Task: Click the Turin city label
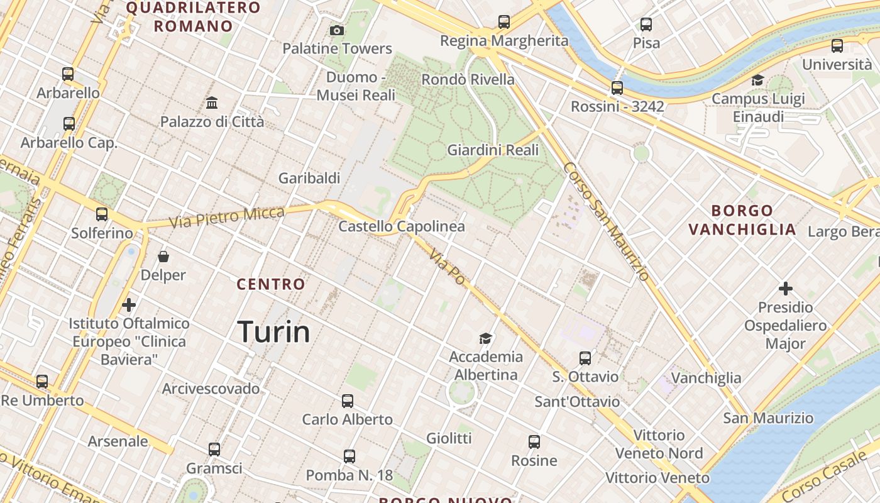[x=274, y=332]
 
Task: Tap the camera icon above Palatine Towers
[x=337, y=30]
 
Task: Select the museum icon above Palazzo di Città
[x=212, y=102]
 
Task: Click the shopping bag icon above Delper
[x=163, y=257]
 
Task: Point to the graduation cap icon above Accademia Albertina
[x=485, y=339]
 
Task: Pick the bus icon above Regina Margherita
[x=504, y=22]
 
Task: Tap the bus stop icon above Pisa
[x=646, y=25]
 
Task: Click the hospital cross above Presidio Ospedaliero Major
[x=785, y=289]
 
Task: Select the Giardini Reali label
[x=493, y=150]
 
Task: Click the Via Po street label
[x=448, y=267]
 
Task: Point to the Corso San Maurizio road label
[x=606, y=221]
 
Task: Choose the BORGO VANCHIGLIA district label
[x=742, y=220]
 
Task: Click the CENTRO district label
[x=271, y=284]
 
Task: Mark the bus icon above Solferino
[x=102, y=214]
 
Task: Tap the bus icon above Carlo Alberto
[x=348, y=401]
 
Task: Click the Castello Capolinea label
[x=402, y=226]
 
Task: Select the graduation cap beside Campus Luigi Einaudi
[x=757, y=80]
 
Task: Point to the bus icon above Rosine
[x=534, y=442]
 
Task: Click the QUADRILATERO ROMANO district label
[x=194, y=17]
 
